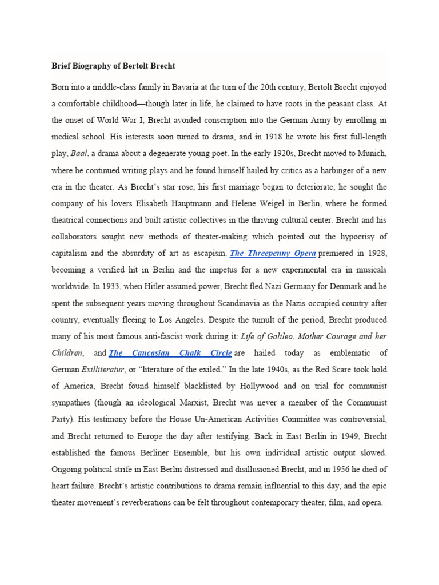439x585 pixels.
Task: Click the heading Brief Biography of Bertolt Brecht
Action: tap(113, 66)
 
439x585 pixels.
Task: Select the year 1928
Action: tap(375, 253)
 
